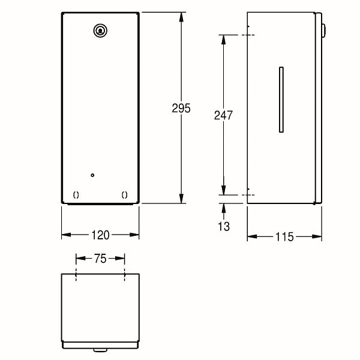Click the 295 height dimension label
[x=181, y=108]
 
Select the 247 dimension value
[x=223, y=115]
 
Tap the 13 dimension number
[x=224, y=226]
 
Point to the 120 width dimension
[x=100, y=235]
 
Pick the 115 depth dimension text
[x=284, y=237]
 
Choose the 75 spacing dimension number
[x=100, y=259]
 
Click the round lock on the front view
[x=100, y=31]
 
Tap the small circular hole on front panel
[x=92, y=175]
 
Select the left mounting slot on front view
[x=76, y=195]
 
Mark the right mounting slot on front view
[x=124, y=195]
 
